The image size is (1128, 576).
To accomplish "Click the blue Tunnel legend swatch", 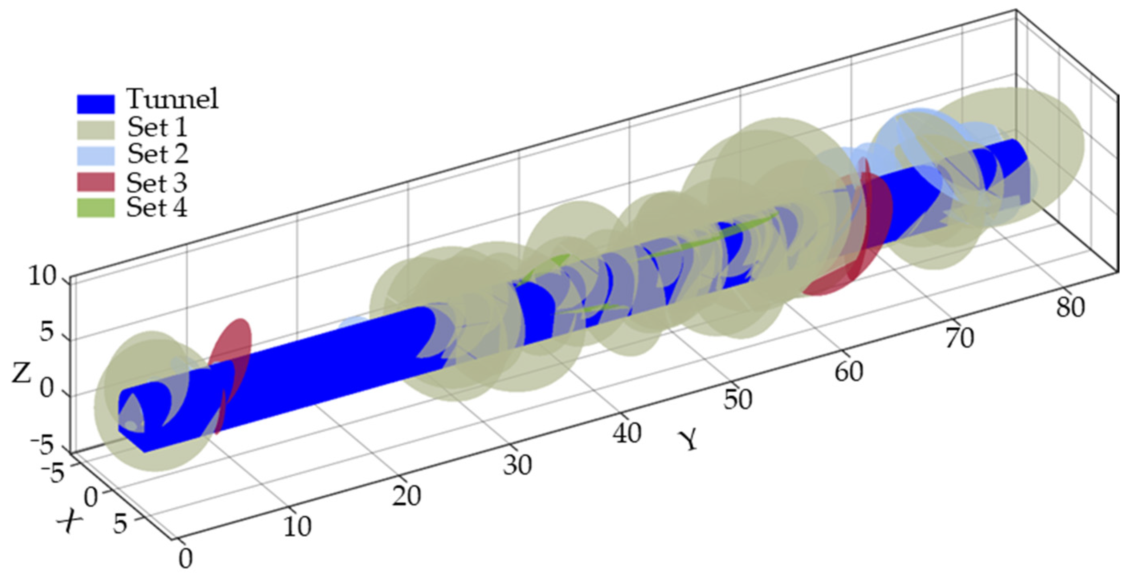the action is tap(96, 104).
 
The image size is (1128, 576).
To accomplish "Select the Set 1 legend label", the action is tap(157, 128).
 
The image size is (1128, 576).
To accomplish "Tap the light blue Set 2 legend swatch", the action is tap(96, 155).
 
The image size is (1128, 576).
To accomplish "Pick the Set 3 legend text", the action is tap(157, 182).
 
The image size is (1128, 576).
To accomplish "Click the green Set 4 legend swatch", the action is tap(96, 208).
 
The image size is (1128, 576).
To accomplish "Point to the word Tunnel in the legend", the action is tap(173, 99).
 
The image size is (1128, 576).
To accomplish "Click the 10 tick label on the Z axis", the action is tap(42, 277).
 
